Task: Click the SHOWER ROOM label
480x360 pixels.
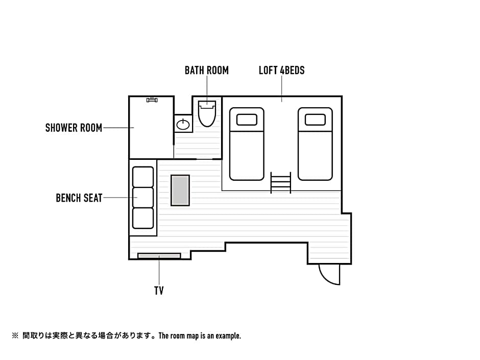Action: [x=74, y=128]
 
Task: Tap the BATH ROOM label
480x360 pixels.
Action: [x=207, y=70]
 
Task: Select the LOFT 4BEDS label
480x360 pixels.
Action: [x=282, y=70]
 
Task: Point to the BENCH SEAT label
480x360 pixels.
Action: [x=79, y=198]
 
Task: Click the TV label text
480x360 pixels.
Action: [x=159, y=291]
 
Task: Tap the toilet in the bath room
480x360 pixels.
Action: [x=207, y=113]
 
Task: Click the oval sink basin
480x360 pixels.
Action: [x=183, y=124]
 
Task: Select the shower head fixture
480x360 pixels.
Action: [x=152, y=100]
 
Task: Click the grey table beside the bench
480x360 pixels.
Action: [x=180, y=190]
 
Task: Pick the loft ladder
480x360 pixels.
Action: [x=280, y=182]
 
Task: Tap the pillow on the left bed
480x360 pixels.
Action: [x=247, y=119]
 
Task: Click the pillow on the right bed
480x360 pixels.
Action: [x=315, y=119]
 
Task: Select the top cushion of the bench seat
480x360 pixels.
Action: [x=143, y=177]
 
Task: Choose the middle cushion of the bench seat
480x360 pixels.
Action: [x=143, y=198]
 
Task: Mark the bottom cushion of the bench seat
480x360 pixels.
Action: [x=143, y=218]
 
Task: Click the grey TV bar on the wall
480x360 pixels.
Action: [x=159, y=256]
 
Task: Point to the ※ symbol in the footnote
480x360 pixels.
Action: [x=15, y=336]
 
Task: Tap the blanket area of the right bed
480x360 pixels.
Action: [x=315, y=156]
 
